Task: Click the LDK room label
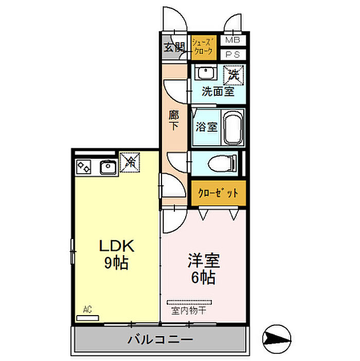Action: (x=116, y=246)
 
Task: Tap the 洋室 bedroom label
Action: (x=204, y=261)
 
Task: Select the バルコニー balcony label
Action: (x=160, y=339)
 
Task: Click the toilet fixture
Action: (x=222, y=164)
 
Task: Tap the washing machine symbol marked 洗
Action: (x=233, y=75)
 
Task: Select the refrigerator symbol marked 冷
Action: (x=130, y=162)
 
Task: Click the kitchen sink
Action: (x=109, y=167)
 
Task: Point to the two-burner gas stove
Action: (x=83, y=167)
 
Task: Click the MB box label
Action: (x=232, y=40)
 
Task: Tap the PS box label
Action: (x=232, y=55)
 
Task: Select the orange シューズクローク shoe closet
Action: (x=204, y=48)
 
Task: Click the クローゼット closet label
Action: (x=218, y=193)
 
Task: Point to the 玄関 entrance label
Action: (x=174, y=47)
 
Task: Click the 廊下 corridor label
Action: (x=173, y=120)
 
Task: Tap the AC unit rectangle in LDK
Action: (x=87, y=318)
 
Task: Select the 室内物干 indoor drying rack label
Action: (x=189, y=311)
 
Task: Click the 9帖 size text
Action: (x=116, y=263)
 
